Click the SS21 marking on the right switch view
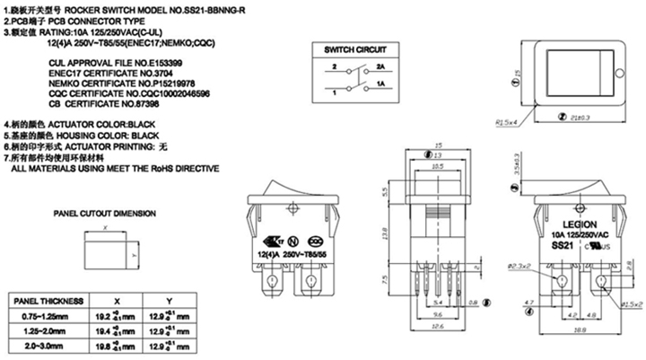tap(560, 244)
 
